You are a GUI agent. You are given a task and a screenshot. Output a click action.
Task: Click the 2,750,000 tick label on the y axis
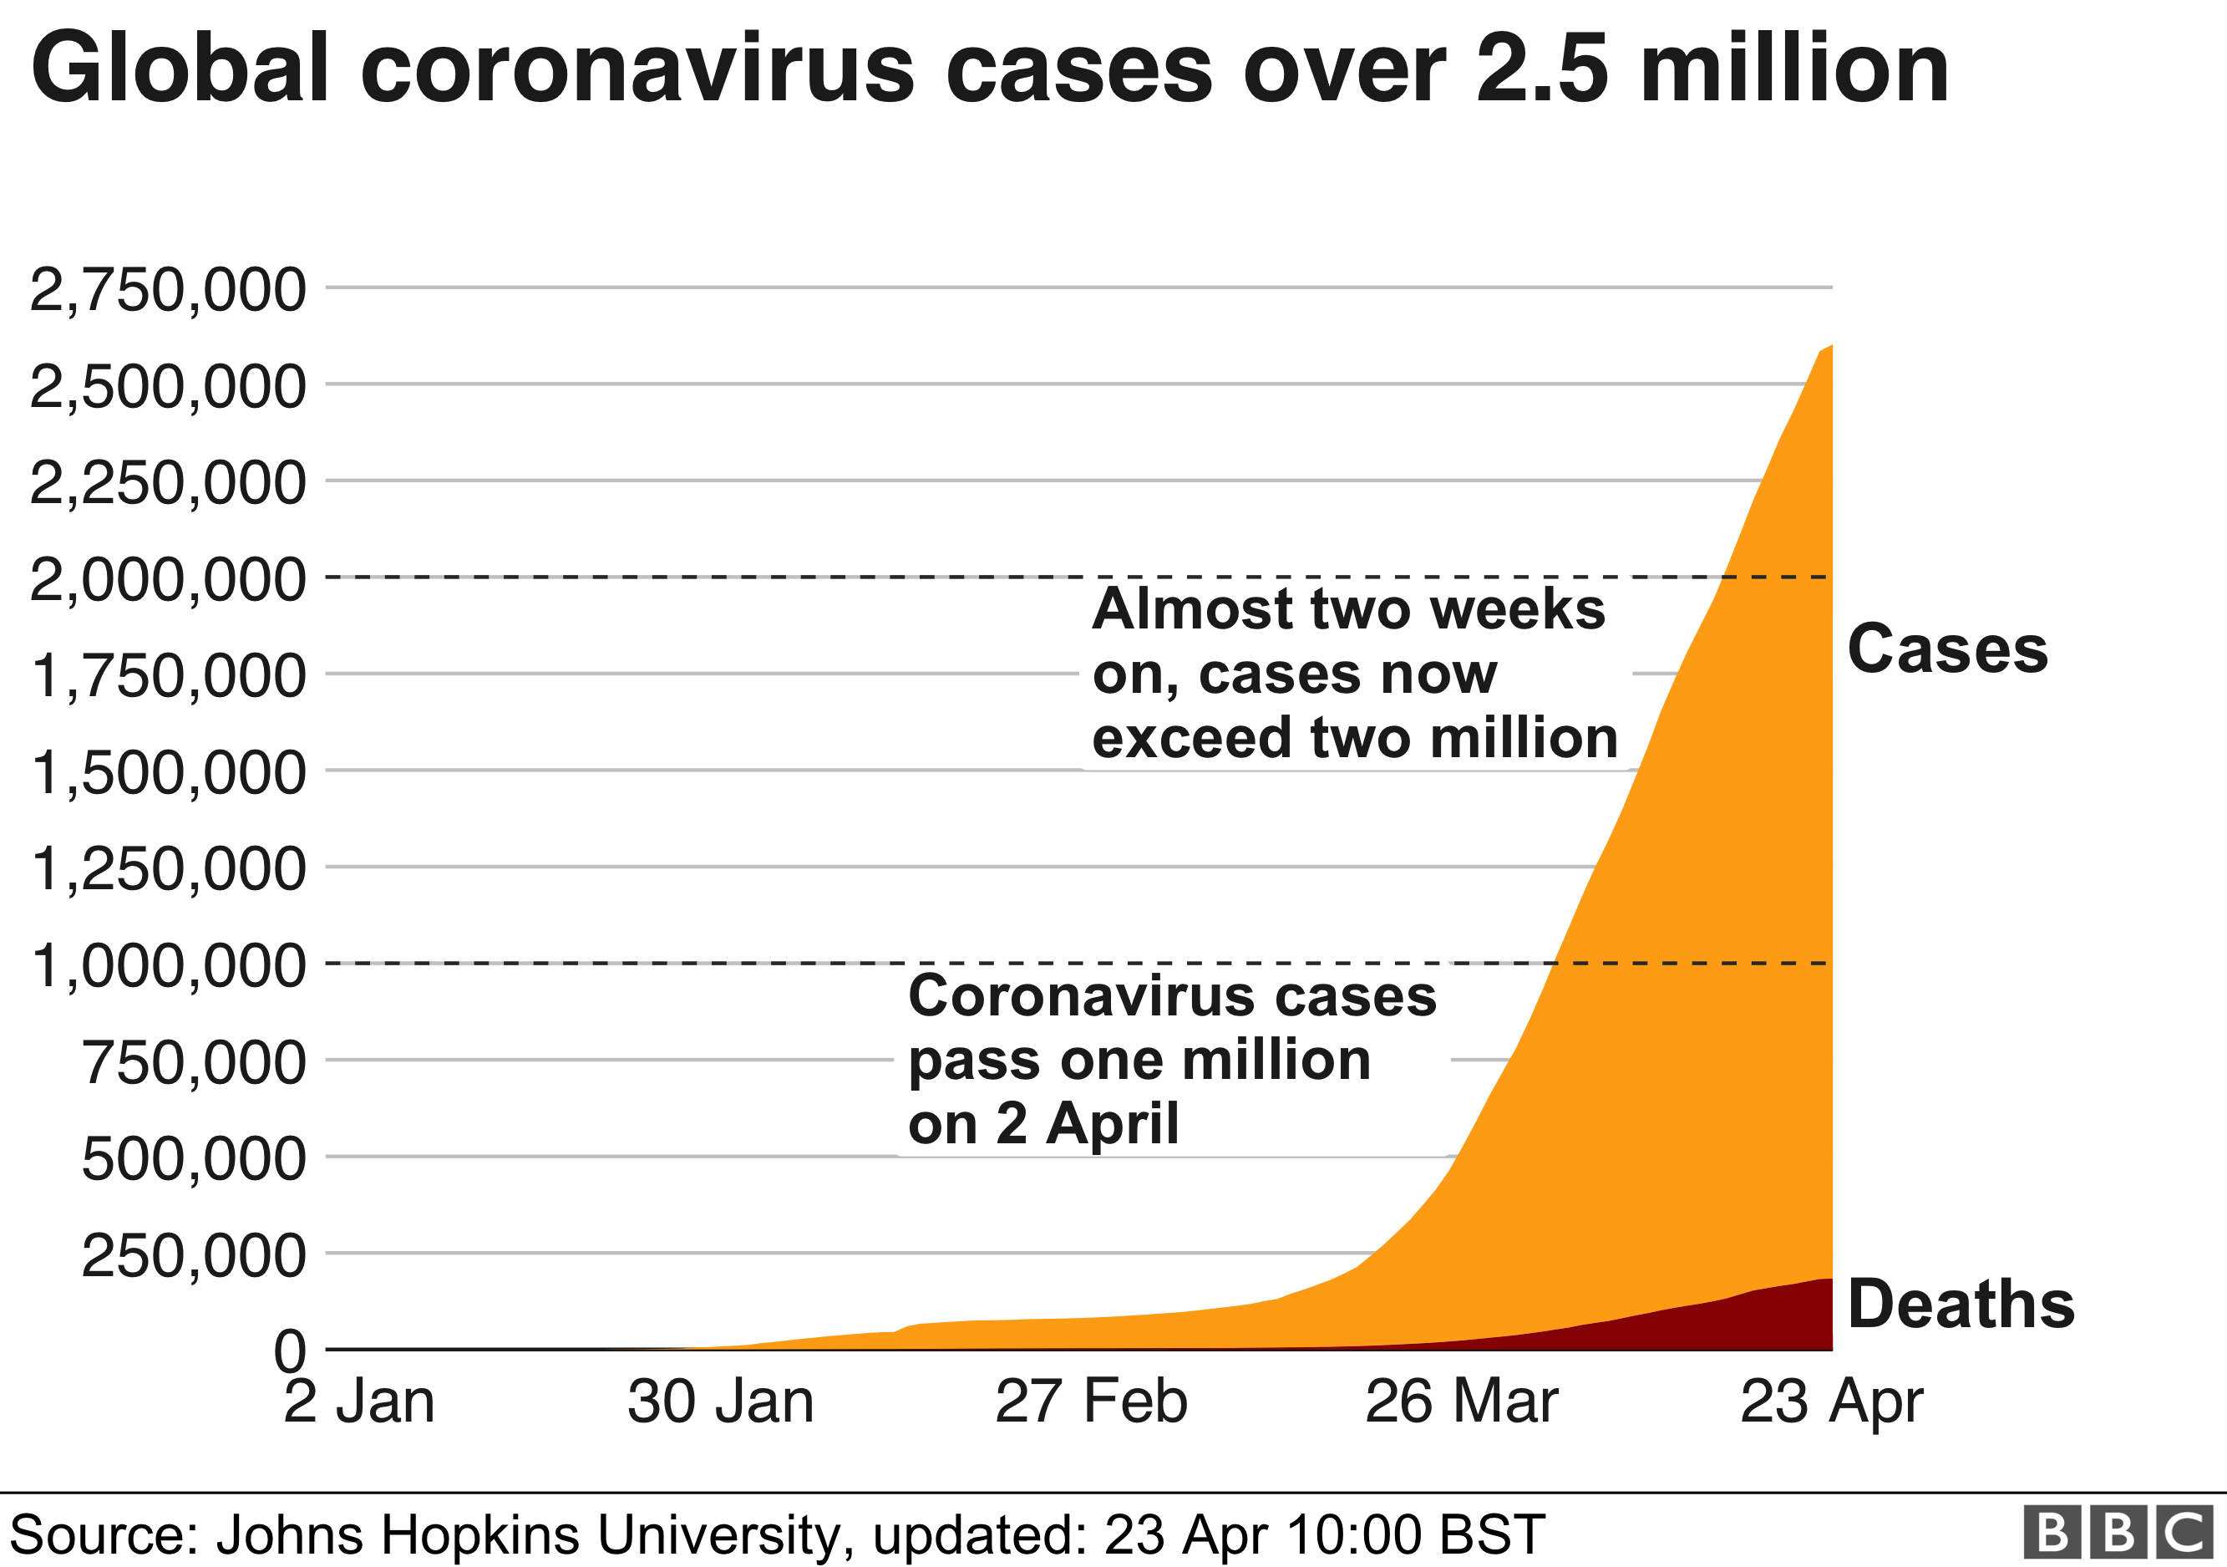pos(168,290)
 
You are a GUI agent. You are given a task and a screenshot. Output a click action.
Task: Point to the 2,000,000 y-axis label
pos(168,580)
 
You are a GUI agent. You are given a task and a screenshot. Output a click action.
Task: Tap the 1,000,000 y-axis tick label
pos(168,966)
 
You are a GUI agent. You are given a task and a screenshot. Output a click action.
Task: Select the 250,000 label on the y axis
pos(194,1255)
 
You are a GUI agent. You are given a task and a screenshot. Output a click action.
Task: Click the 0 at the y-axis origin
pos(289,1351)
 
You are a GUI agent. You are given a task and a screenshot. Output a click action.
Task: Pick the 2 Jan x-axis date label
pos(359,1403)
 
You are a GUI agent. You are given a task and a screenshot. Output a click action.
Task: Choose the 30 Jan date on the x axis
pos(720,1403)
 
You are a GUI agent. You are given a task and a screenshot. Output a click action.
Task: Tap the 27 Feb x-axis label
pos(1091,1403)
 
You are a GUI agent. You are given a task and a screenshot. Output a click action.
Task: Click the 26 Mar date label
pos(1462,1403)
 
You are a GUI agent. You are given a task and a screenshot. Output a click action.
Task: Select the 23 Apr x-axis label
pos(1831,1403)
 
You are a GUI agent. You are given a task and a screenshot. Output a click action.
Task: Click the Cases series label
pos(1948,649)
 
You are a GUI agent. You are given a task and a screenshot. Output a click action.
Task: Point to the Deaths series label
pos(1961,1304)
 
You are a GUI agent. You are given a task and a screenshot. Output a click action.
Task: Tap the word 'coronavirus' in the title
pos(637,70)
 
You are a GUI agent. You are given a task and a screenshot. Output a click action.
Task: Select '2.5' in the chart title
pos(1542,70)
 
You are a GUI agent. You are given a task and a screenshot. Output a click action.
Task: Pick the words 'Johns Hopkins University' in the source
pos(529,1535)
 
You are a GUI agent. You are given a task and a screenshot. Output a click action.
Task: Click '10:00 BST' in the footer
pos(1415,1535)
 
